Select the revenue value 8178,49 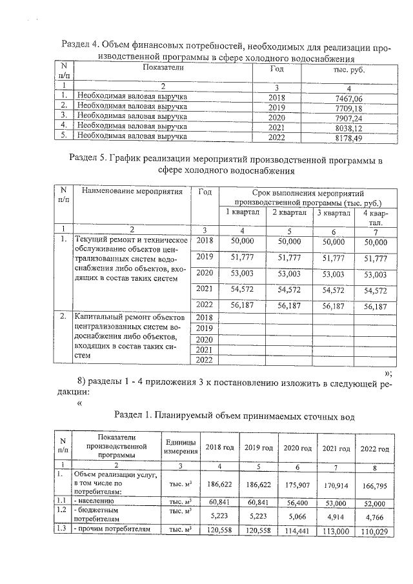[x=348, y=137]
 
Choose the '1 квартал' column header [x=242, y=213]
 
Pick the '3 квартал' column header [x=333, y=213]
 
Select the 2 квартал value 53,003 [x=289, y=273]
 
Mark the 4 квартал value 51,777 [x=376, y=257]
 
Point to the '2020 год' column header [x=297, y=448]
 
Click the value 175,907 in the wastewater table [x=297, y=482]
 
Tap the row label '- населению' [x=96, y=500]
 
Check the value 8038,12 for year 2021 [x=348, y=127]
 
